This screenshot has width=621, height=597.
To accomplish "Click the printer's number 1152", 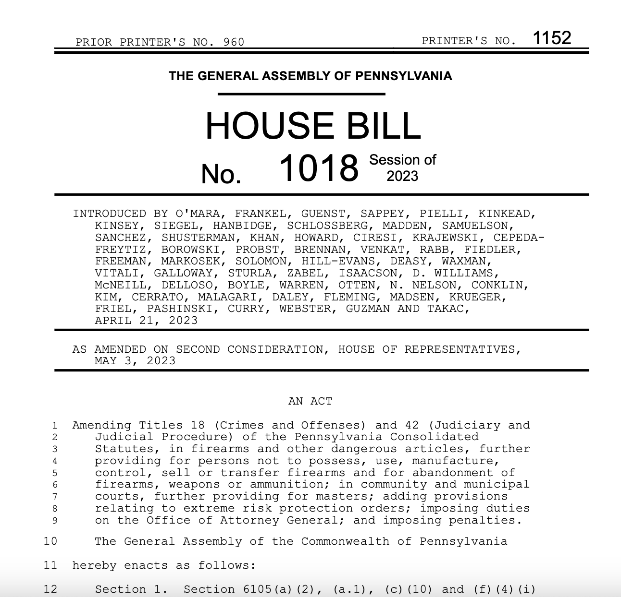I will [552, 38].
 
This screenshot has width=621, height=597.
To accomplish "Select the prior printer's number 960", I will [234, 42].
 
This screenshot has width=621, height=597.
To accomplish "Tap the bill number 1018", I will [319, 168].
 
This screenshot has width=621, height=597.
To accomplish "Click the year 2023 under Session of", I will [402, 176].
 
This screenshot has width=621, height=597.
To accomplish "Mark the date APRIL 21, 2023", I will [146, 320].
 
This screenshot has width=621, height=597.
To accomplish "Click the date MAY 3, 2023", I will [135, 361].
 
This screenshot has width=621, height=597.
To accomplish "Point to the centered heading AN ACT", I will [310, 401].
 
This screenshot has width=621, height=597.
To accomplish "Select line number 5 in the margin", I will [55, 473].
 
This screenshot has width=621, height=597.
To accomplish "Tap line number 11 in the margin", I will [50, 565].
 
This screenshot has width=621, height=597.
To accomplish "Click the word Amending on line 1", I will [102, 425].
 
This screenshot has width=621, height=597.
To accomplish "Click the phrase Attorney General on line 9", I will [280, 520].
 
